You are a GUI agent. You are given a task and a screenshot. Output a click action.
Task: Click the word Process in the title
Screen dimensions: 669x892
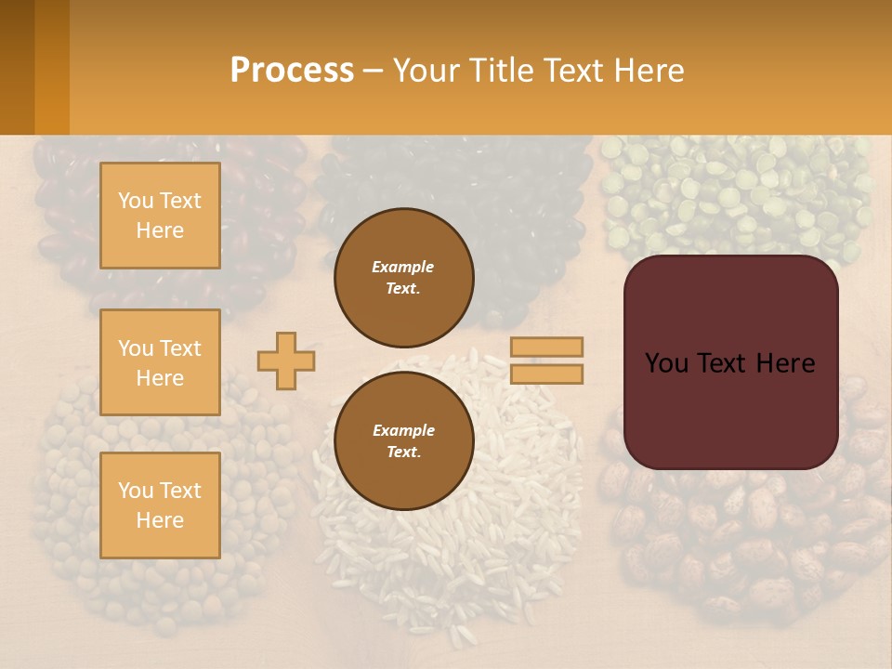tap(292, 71)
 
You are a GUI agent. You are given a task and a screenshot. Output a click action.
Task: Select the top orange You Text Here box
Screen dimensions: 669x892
tap(160, 216)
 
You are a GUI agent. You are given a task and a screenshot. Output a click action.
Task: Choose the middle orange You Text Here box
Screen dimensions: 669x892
tap(160, 362)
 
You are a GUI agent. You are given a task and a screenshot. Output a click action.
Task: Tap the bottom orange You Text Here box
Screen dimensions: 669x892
tap(160, 505)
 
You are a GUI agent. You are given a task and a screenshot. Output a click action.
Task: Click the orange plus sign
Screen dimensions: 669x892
tap(286, 361)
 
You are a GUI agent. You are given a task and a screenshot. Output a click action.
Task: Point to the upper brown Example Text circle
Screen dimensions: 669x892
tap(403, 277)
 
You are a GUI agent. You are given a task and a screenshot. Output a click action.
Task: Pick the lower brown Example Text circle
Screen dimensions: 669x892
tap(403, 440)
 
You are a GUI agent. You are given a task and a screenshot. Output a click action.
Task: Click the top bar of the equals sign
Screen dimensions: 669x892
tap(546, 347)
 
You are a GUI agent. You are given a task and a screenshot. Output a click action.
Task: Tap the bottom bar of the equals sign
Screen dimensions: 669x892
tap(546, 374)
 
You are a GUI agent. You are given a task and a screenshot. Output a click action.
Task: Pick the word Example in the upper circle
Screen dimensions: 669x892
tap(403, 267)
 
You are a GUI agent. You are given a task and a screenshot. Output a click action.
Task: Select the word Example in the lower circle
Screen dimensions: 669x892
tap(403, 430)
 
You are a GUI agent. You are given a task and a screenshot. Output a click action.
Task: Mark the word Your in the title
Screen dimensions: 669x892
tap(426, 71)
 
